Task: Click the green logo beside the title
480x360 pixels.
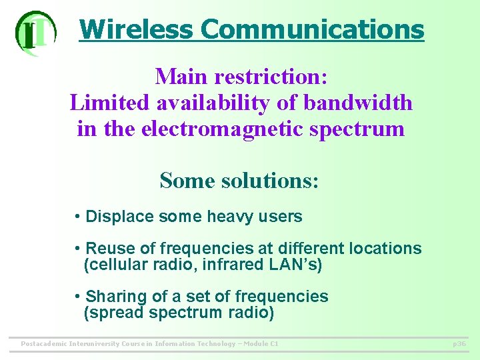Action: pos(35,32)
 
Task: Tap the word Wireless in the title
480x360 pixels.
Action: pos(136,29)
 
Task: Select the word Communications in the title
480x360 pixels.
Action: pos(312,29)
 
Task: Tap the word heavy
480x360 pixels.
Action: pos(230,217)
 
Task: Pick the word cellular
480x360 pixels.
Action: pos(115,265)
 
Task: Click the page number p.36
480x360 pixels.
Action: pos(459,344)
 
